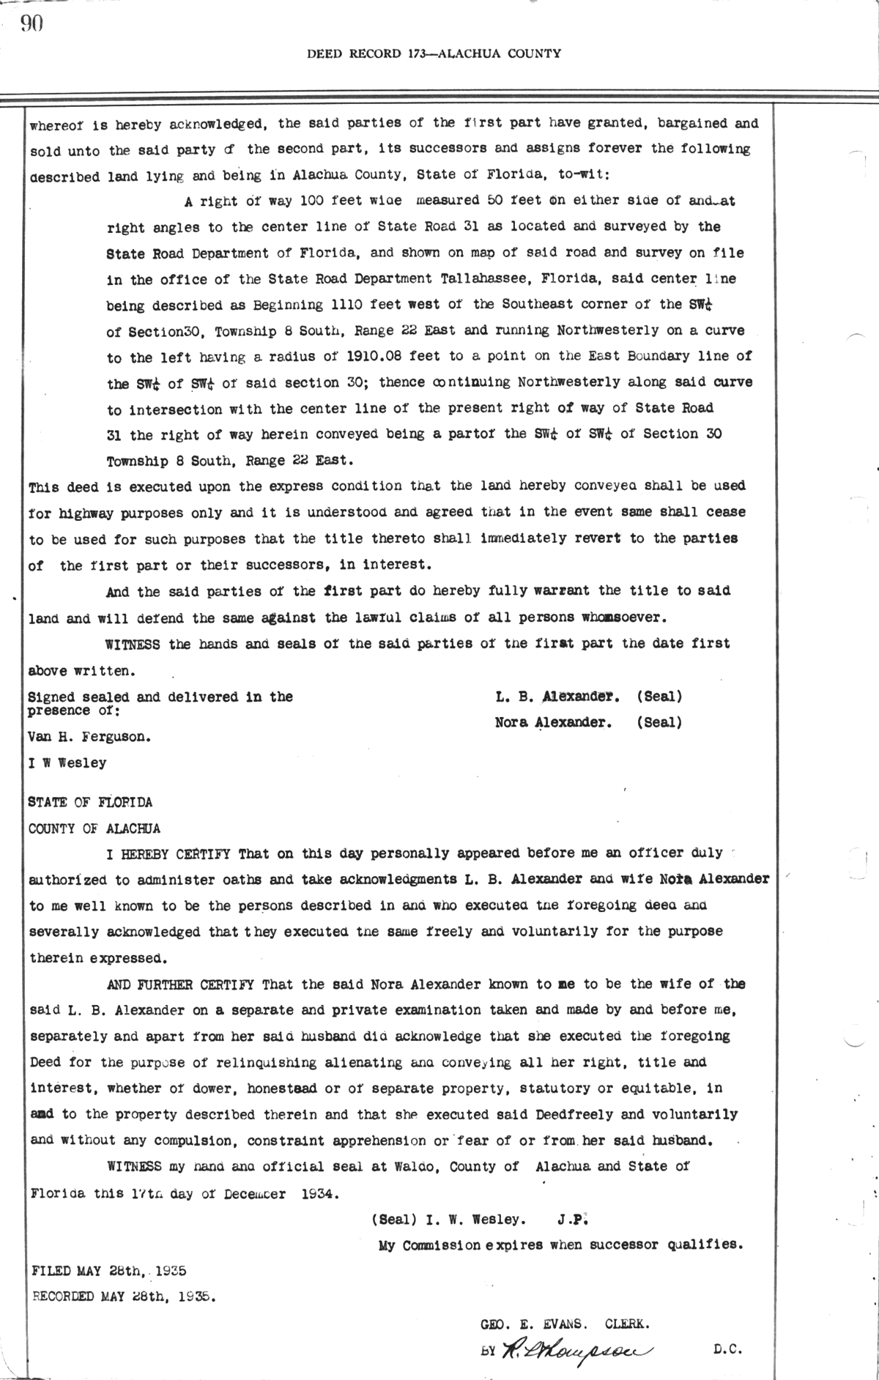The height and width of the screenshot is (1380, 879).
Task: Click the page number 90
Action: pos(32,24)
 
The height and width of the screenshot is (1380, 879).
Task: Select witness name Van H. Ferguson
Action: pos(90,737)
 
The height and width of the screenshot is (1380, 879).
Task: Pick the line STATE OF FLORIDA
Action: pos(90,802)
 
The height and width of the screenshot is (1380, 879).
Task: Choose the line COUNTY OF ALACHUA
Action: pos(94,828)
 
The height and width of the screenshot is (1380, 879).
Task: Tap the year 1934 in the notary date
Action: pos(320,1192)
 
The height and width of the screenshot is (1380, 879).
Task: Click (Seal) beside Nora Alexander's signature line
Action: pos(659,723)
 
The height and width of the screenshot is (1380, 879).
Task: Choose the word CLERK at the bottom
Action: pos(627,1324)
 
